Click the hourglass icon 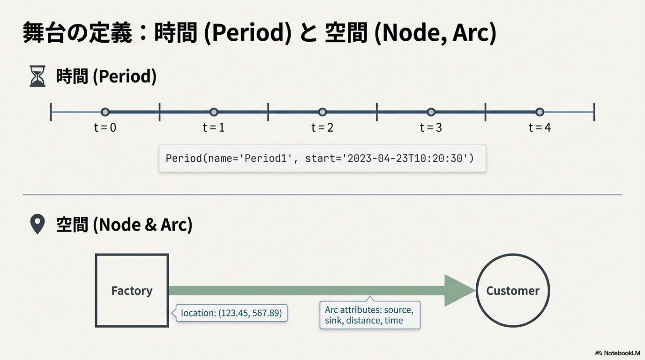[37, 76]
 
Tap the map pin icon [37, 224]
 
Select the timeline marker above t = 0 [105, 112]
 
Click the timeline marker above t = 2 [322, 112]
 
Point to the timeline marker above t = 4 [540, 112]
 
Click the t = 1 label [214, 128]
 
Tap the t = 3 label [431, 128]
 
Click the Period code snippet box [322, 158]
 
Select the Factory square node [132, 290]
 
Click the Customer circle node [513, 290]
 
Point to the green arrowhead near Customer [459, 290]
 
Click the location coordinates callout [231, 313]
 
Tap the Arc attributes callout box [370, 315]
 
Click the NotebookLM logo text [621, 353]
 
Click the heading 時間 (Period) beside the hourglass [106, 76]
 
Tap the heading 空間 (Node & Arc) [124, 224]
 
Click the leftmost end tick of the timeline [51, 112]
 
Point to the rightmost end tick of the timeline [594, 112]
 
